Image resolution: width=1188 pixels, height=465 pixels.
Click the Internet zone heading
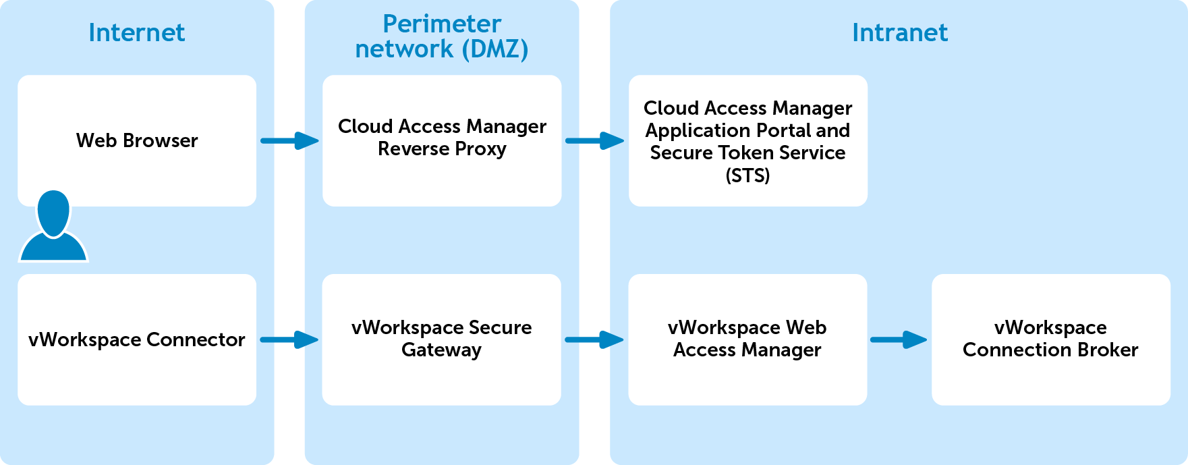pyautogui.click(x=136, y=32)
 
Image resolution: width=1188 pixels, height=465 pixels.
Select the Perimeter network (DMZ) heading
pyautogui.click(x=442, y=36)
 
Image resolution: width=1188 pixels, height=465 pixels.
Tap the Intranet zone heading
pyautogui.click(x=899, y=32)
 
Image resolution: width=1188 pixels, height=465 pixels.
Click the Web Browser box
pyautogui.click(x=137, y=140)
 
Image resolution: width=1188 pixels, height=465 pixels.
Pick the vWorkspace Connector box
pyautogui.click(x=137, y=339)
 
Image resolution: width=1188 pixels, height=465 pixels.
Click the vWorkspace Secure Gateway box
pyautogui.click(x=442, y=339)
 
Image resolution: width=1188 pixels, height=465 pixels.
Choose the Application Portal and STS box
pyautogui.click(x=747, y=141)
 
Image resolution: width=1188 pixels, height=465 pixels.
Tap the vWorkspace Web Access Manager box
pyautogui.click(x=747, y=339)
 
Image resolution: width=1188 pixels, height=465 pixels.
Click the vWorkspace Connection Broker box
pyautogui.click(x=1050, y=339)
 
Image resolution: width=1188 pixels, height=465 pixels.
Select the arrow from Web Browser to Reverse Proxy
pyautogui.click(x=289, y=140)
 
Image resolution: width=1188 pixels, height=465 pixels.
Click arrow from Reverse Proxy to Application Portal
pyautogui.click(x=594, y=140)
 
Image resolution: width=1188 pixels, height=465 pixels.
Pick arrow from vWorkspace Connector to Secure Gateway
pyautogui.click(x=289, y=339)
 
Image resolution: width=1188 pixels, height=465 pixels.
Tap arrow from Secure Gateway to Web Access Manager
pyautogui.click(x=594, y=339)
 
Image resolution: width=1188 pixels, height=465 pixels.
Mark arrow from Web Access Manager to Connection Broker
pyautogui.click(x=899, y=339)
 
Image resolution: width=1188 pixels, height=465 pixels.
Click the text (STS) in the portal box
pyautogui.click(x=747, y=175)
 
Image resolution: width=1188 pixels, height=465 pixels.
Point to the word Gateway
pyautogui.click(x=442, y=350)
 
